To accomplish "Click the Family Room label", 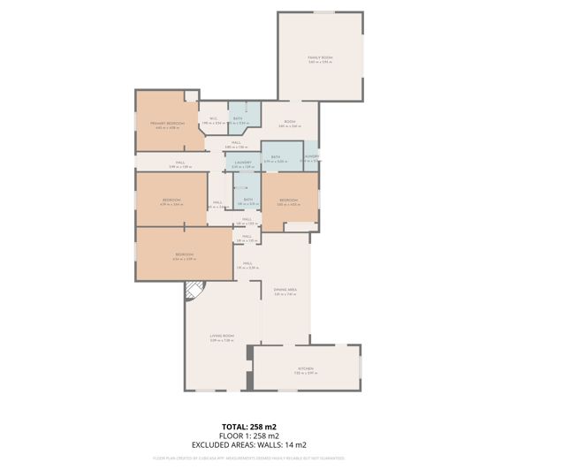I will pyautogui.click(x=319, y=59).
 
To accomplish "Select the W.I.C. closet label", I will pyautogui.click(x=213, y=119).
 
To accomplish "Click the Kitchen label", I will pyautogui.click(x=305, y=368).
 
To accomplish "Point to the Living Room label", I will pyautogui.click(x=221, y=337).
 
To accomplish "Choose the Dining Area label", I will pyautogui.click(x=285, y=291).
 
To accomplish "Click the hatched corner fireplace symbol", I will pyautogui.click(x=194, y=290).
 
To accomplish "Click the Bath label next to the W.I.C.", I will pyautogui.click(x=238, y=119).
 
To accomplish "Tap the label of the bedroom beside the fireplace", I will pyautogui.click(x=184, y=255).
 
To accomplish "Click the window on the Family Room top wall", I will pyautogui.click(x=324, y=12).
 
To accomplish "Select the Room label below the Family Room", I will pyautogui.click(x=289, y=123).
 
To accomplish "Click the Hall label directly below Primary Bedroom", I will pyautogui.click(x=179, y=163).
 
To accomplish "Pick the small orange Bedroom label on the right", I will pyautogui.click(x=289, y=201).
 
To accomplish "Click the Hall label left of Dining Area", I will pyautogui.click(x=247, y=263).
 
